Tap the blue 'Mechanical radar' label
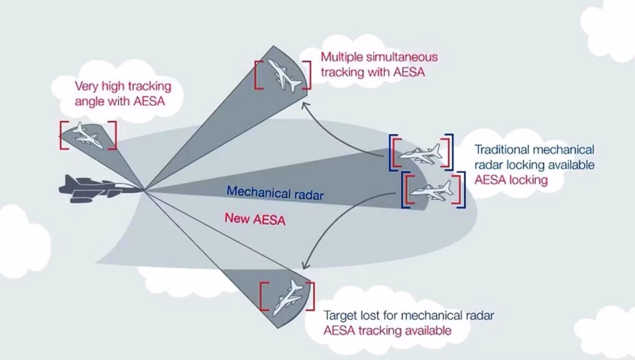point(275,193)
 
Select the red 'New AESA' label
point(255,219)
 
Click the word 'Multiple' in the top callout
point(342,58)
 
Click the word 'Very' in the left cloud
point(86,86)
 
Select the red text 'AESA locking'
point(511,180)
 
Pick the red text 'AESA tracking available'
point(387,330)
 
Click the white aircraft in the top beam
point(284,75)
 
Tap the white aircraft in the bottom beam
point(288,298)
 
